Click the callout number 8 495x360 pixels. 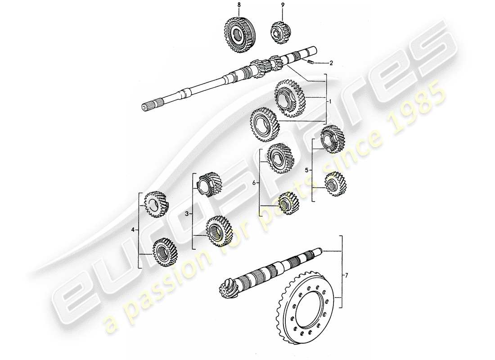click(x=239, y=4)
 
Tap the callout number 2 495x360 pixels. click(x=331, y=63)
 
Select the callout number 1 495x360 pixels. click(x=330, y=102)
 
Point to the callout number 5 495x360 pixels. click(x=307, y=171)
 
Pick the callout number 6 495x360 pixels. click(x=255, y=183)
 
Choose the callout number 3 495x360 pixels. click(x=188, y=215)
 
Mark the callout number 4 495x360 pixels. click(x=133, y=230)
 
